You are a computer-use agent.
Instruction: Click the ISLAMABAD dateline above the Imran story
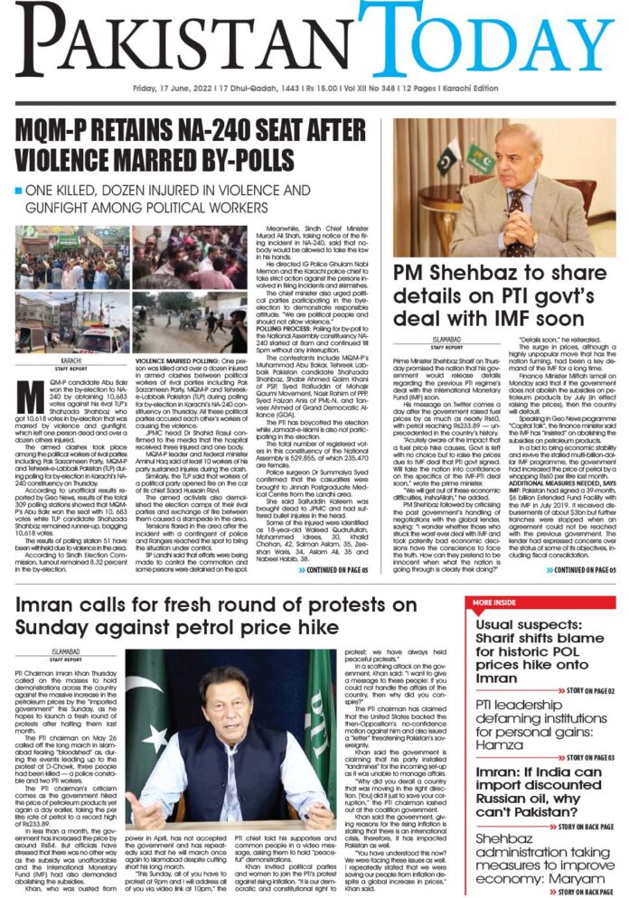pyautogui.click(x=67, y=650)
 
